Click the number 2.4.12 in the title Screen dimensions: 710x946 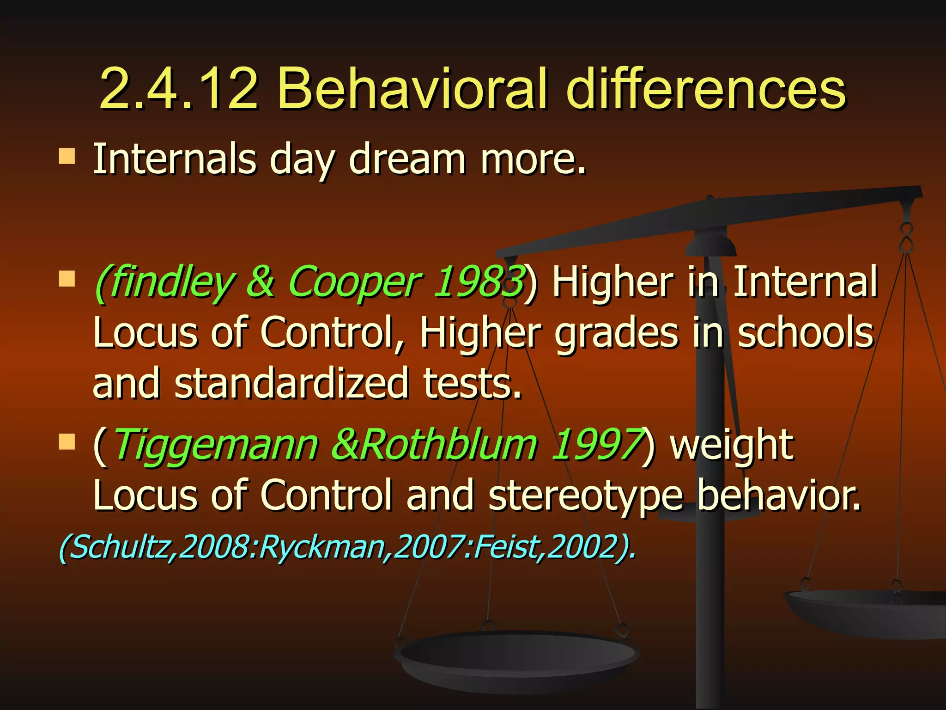coord(178,89)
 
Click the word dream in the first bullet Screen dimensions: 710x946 coord(407,159)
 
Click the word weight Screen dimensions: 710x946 coord(732,446)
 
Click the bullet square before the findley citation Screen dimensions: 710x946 coord(67,279)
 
